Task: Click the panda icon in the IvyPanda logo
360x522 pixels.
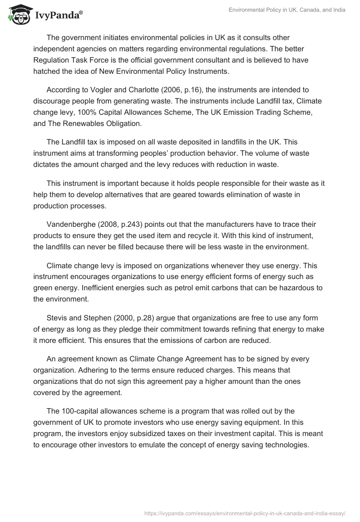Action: click(x=17, y=15)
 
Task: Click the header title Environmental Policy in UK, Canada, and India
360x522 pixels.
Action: click(x=287, y=10)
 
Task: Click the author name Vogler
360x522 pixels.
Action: click(x=99, y=90)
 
